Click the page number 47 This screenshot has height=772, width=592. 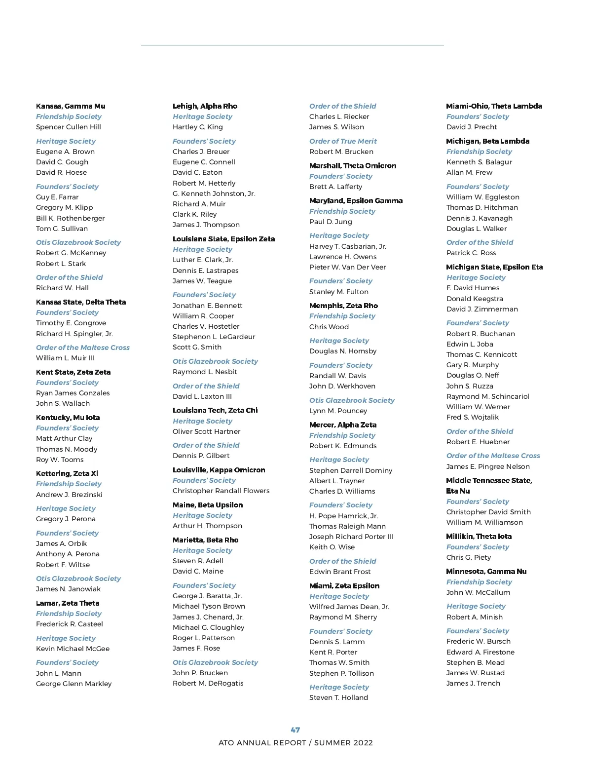click(295, 730)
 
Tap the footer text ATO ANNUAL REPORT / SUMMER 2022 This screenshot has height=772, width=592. click(296, 743)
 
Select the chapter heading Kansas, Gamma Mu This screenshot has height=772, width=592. click(71, 106)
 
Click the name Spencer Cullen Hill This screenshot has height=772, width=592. click(69, 127)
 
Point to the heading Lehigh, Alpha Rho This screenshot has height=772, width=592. click(205, 106)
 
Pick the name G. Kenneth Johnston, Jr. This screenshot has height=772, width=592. click(214, 193)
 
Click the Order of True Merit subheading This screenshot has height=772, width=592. click(343, 141)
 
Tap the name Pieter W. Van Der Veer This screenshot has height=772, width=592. click(347, 267)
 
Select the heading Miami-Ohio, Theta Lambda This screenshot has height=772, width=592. click(494, 106)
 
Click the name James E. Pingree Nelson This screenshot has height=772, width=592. click(488, 466)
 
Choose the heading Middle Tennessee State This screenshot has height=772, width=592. click(489, 480)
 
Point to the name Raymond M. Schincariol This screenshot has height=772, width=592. click(487, 396)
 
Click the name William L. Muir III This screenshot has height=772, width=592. click(65, 358)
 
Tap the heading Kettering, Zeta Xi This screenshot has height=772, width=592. click(67, 473)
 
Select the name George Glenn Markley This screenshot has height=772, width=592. click(74, 684)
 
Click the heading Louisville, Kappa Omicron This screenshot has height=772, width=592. click(219, 470)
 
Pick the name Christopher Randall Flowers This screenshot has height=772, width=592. click(221, 491)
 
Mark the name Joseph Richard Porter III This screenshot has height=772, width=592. click(351, 537)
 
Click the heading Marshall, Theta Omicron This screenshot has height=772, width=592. click(352, 166)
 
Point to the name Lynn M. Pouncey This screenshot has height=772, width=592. click(338, 411)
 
